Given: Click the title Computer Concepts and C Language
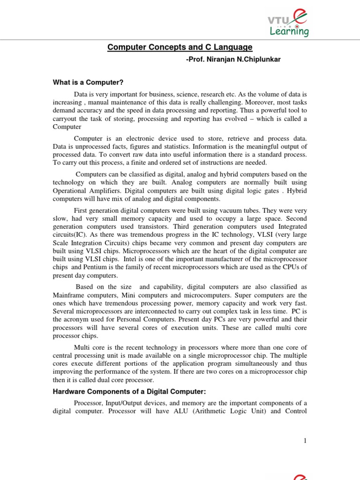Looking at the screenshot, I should coord(180,47).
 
